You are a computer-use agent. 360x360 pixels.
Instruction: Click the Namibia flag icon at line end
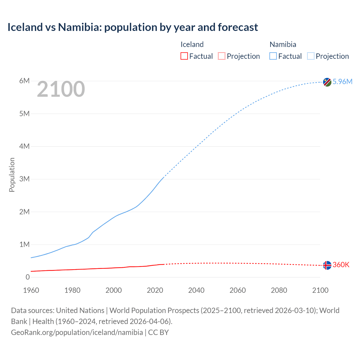(327, 82)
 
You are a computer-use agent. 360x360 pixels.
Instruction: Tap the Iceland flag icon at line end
(327, 265)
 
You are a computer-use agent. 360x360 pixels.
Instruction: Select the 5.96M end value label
(342, 82)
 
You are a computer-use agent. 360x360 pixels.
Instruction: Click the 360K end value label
(341, 265)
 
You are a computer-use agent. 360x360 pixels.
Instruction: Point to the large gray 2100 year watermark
(61, 89)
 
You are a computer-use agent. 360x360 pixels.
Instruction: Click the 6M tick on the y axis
(24, 81)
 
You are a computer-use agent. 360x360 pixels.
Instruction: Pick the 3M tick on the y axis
(24, 179)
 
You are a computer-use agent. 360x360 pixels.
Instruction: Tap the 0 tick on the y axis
(28, 277)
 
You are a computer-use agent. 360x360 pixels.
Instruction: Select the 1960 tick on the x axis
(31, 290)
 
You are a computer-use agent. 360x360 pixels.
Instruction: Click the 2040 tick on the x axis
(196, 290)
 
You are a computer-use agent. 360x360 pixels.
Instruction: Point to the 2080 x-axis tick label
(279, 290)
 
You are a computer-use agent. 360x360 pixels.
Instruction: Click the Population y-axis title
(12, 175)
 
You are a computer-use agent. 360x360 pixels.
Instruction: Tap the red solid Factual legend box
(184, 56)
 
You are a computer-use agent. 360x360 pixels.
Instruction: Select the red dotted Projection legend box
(222, 56)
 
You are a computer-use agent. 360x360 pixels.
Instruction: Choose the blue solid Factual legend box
(273, 56)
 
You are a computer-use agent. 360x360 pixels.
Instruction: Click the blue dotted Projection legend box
(311, 56)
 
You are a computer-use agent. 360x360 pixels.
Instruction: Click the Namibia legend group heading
(283, 44)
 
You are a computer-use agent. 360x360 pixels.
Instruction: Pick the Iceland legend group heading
(192, 44)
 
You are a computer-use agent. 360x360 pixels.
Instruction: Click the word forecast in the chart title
(238, 27)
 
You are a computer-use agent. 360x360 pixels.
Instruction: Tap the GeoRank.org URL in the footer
(77, 332)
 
